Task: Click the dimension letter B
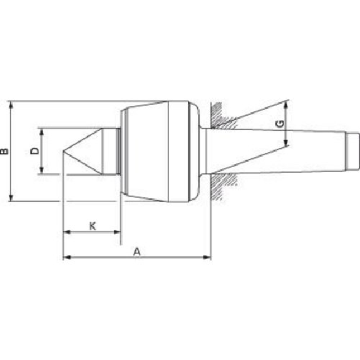pos(4,152)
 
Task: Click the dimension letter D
pos(34,151)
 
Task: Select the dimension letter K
pos(93,226)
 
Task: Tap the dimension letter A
pos(137,252)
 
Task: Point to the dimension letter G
pos(280,124)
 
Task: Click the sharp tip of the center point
pos(63,151)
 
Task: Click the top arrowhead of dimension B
pos(11,105)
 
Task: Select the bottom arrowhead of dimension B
pos(11,197)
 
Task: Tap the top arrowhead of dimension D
pos(41,131)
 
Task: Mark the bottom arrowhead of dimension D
pos(41,170)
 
